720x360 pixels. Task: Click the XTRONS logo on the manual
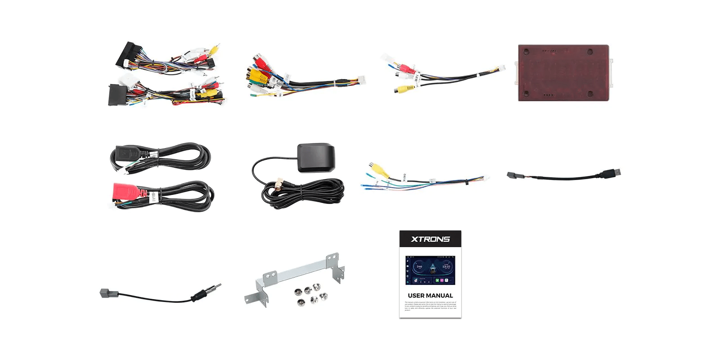(x=430, y=239)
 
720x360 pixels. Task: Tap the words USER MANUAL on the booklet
(x=430, y=296)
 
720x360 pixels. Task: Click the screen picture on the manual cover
(x=430, y=270)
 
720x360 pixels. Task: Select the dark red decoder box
(x=563, y=73)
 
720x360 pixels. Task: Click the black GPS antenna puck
(x=316, y=157)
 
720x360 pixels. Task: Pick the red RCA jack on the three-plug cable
(x=406, y=69)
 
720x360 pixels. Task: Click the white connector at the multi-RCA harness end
(x=360, y=80)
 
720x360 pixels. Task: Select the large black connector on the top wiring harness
(x=126, y=54)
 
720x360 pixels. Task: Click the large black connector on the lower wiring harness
(x=116, y=94)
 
